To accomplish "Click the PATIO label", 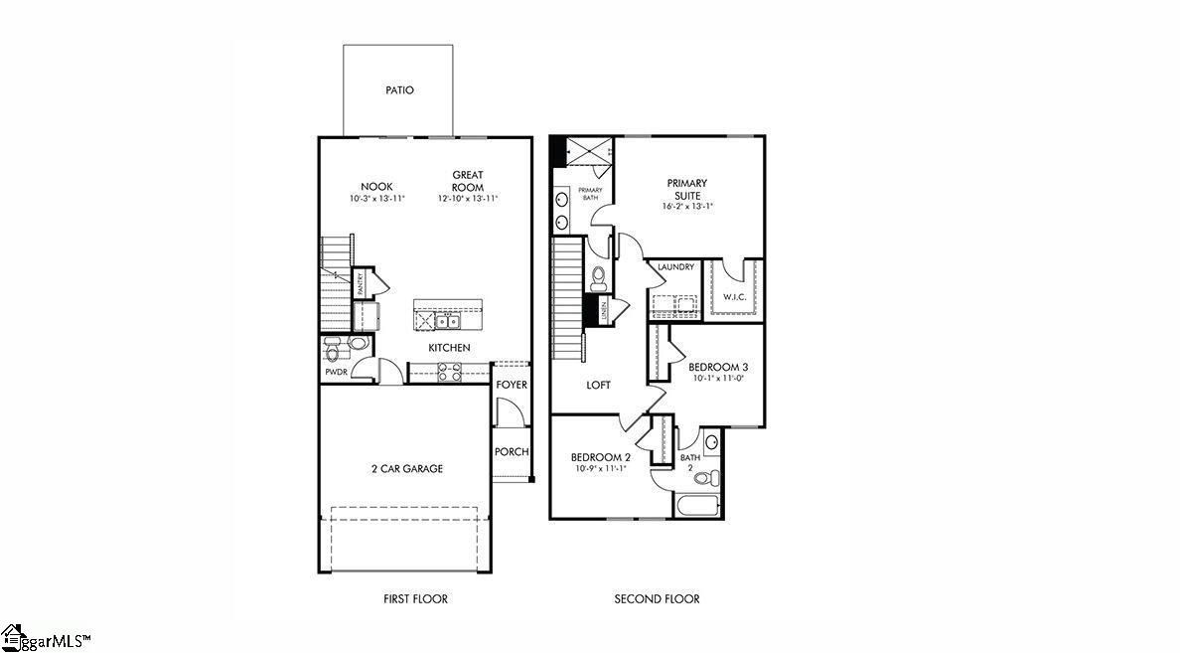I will click(399, 90).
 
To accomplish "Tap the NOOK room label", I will click(376, 187).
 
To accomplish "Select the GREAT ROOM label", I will click(467, 181).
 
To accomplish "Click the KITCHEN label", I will click(449, 348).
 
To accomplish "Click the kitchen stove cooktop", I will click(449, 373).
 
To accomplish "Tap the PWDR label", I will click(335, 373).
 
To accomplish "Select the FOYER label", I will click(513, 385).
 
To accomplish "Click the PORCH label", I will click(512, 452).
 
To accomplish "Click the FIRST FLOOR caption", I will click(415, 599).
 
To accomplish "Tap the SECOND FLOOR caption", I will click(657, 599).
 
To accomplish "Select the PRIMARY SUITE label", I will click(686, 189).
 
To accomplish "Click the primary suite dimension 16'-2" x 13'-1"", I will click(687, 207).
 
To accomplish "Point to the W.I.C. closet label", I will click(734, 297).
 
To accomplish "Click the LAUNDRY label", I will click(675, 267).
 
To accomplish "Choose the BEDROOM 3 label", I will click(719, 367).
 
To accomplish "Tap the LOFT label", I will click(598, 385).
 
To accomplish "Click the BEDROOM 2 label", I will click(600, 457).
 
